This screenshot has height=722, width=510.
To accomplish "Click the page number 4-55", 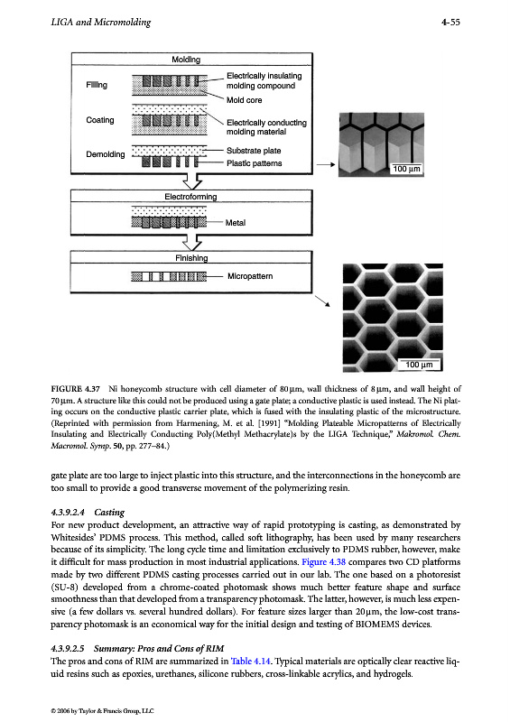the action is tap(450, 22).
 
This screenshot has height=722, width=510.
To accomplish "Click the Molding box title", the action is tap(186, 60).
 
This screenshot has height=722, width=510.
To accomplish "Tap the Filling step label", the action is tap(97, 85).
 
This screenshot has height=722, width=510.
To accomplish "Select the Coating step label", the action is tap(100, 120).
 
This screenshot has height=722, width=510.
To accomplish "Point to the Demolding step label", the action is tap(105, 154).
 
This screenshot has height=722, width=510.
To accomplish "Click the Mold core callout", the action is tap(244, 100).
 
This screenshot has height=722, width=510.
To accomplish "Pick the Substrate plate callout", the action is tap(254, 151).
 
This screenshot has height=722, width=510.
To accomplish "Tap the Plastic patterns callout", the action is tap(254, 163).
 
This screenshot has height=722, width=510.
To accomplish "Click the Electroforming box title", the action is tap(190, 197).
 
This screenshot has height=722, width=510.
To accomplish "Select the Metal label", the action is tap(235, 223).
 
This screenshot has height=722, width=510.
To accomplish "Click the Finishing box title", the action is tap(191, 258).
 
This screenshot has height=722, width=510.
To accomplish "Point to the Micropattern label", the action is tap(250, 276).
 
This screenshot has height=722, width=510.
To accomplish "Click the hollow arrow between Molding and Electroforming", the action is tap(192, 181).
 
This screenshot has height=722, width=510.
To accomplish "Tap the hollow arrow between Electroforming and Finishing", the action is tap(192, 242).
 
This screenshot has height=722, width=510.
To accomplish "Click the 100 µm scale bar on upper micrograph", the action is tap(406, 169).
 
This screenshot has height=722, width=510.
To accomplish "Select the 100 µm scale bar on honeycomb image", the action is tap(419, 365).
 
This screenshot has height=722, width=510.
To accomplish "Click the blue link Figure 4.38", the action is tap(323, 562).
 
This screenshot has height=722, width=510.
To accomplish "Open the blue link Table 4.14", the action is tap(251, 662).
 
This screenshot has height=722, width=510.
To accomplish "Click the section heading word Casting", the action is tap(109, 513).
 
